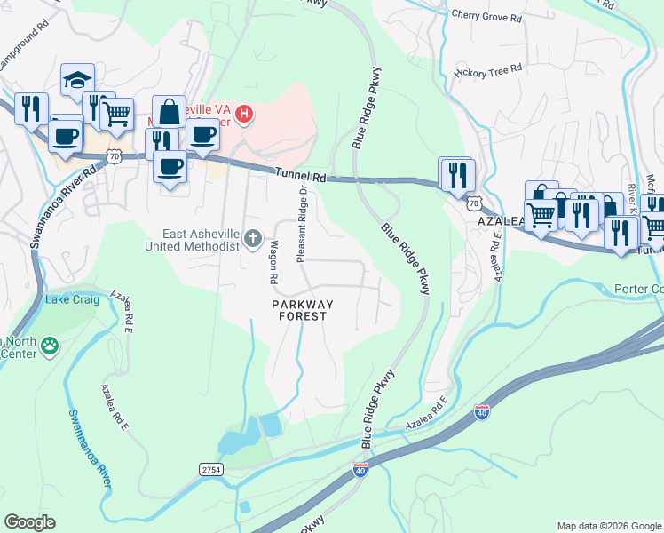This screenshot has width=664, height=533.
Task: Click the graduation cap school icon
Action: click(x=78, y=79)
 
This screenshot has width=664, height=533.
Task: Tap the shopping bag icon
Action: click(x=169, y=111)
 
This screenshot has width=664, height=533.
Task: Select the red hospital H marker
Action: click(x=244, y=115)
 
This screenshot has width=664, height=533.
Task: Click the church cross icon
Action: click(x=253, y=237)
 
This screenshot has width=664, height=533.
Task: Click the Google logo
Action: click(x=29, y=522)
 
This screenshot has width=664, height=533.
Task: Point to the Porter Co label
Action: click(x=638, y=290)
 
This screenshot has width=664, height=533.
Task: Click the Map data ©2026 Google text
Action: click(x=608, y=526)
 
